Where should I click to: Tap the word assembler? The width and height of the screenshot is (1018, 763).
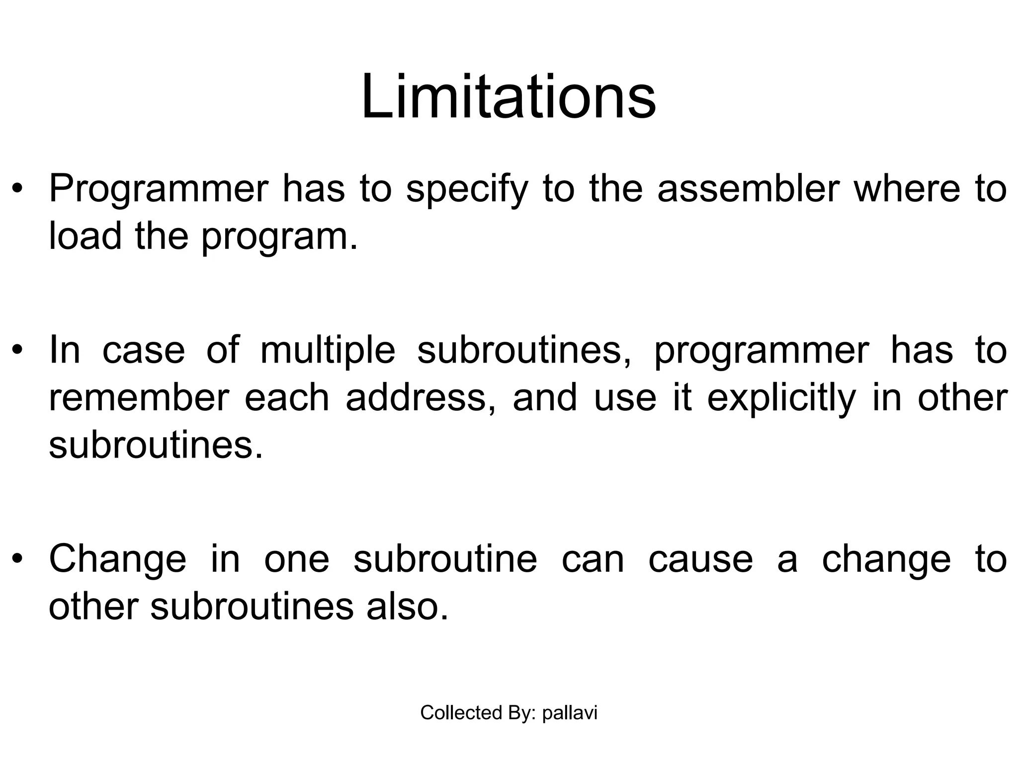(748, 189)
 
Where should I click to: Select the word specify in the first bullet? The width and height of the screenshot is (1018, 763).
(466, 189)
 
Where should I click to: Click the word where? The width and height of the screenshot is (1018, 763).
(907, 189)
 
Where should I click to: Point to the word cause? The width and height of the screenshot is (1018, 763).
(700, 559)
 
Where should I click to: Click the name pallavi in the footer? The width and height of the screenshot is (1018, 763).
(570, 713)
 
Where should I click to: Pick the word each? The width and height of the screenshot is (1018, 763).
(287, 398)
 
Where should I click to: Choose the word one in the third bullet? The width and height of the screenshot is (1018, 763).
(297, 559)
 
